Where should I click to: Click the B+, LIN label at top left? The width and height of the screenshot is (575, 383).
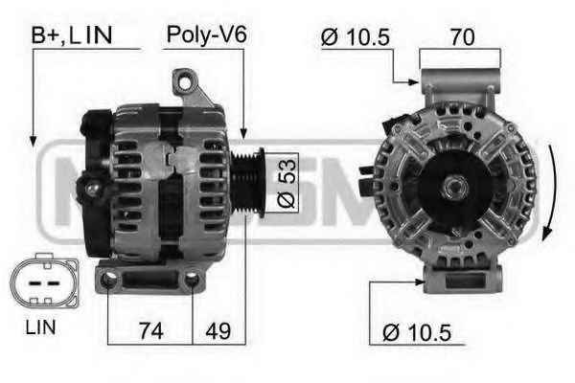72,35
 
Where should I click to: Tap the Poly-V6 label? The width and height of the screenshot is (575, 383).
206,35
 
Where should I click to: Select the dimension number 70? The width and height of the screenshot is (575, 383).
463,36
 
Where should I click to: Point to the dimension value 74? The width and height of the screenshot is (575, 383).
150,331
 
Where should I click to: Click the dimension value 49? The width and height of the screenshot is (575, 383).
218,331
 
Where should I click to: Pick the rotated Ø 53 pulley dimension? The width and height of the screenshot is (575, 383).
287,183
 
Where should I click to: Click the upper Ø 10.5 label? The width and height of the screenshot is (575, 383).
355,37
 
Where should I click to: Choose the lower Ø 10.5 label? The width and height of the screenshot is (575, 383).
417,333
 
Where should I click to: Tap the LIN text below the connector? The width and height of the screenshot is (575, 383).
40,327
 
